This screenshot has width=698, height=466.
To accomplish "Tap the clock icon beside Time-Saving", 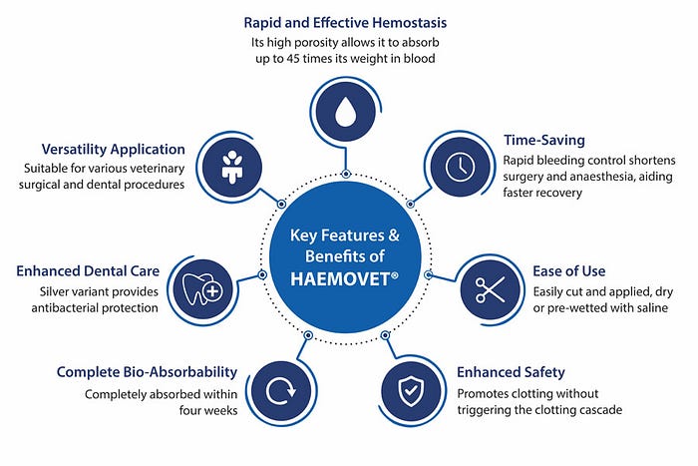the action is click(458, 166).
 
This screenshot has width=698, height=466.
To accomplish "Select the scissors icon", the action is click(489, 289).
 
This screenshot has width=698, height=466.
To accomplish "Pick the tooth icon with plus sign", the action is click(202, 289).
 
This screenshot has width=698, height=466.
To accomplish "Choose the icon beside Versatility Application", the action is click(233, 166).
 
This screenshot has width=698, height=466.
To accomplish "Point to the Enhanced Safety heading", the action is click(511, 372).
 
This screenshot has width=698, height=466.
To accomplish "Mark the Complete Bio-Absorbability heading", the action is click(147, 372).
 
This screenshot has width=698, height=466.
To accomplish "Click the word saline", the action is click(645, 309).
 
